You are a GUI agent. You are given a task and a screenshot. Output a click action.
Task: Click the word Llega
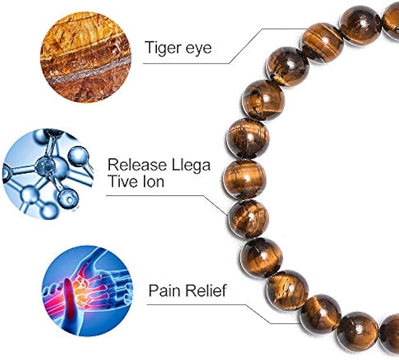coord(193,165)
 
